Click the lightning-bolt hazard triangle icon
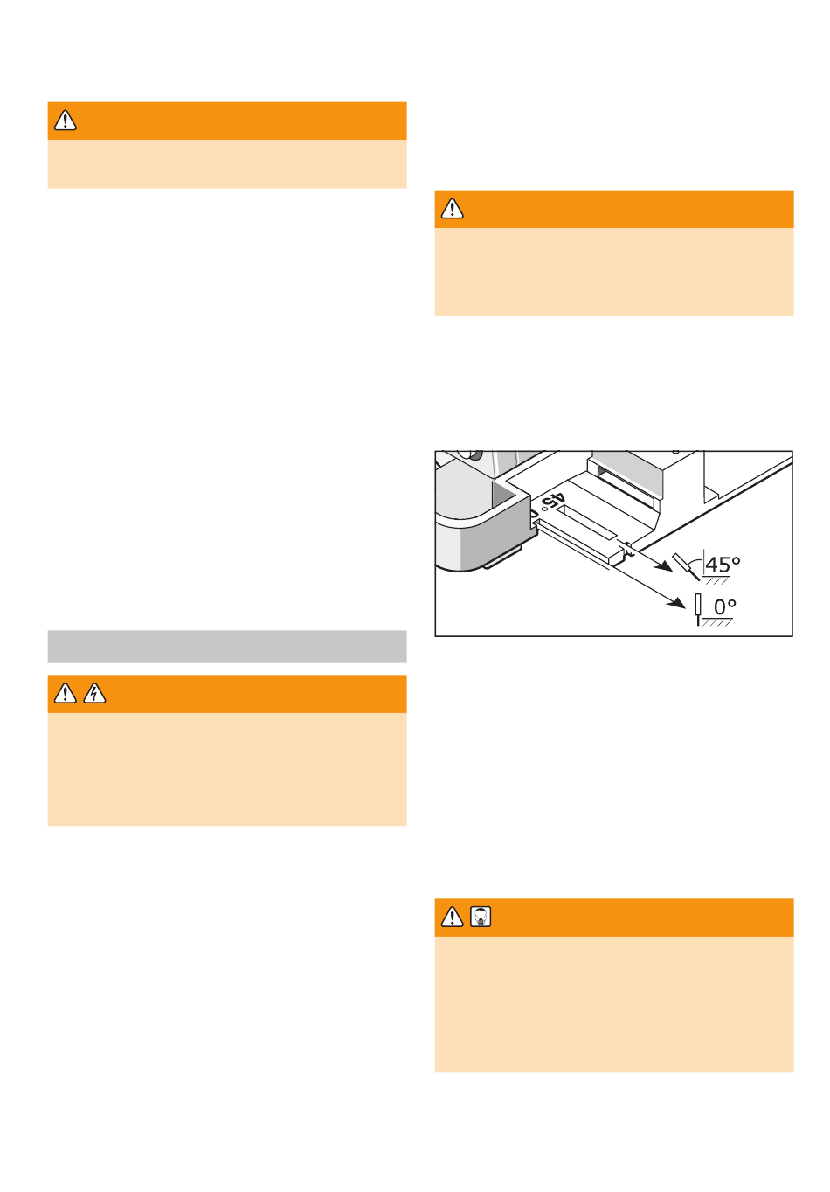click(94, 693)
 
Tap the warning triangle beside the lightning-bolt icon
click(65, 693)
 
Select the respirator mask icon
click(480, 917)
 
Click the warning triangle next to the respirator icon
click(452, 917)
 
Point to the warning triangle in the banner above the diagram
click(452, 209)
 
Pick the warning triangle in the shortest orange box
click(65, 121)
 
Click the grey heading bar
click(227, 647)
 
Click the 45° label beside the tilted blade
click(722, 564)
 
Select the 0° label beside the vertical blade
click(724, 606)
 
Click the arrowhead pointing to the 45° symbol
click(664, 566)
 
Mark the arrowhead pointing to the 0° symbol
click(677, 602)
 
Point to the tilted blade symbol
click(685, 567)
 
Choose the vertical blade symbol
click(698, 610)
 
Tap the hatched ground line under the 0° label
click(717, 621)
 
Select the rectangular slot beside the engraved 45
click(587, 521)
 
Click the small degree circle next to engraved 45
click(543, 509)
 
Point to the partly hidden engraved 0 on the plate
click(534, 515)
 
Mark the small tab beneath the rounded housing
click(502, 558)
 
